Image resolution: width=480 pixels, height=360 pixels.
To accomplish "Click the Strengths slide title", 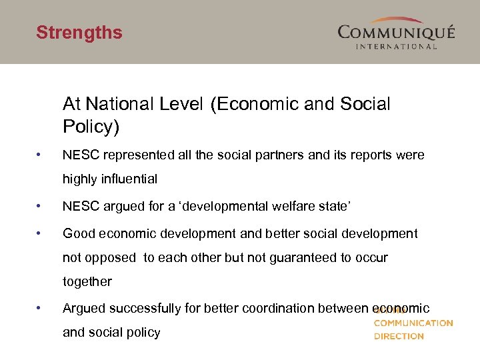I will (79, 33).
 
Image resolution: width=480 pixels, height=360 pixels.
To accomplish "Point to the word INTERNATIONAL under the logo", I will (396, 46).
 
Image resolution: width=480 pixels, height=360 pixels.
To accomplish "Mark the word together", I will (87, 281).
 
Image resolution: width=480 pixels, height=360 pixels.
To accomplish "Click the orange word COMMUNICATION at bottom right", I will (413, 323).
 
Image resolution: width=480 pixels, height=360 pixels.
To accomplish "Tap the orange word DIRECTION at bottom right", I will (399, 336).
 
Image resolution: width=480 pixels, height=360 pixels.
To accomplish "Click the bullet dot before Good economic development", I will (41, 233).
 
